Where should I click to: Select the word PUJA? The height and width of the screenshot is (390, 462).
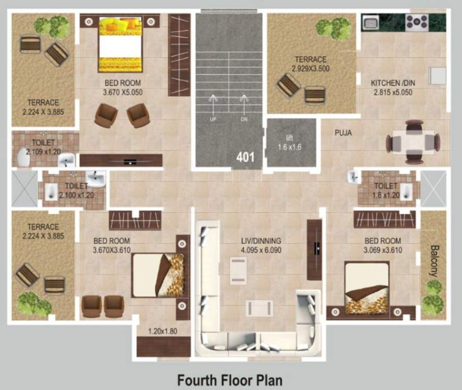point(343,133)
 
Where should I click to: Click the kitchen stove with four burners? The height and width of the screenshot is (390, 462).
point(416,22)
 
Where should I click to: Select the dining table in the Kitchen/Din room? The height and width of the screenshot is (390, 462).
point(413,142)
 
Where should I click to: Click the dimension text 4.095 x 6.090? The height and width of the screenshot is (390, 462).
point(260,250)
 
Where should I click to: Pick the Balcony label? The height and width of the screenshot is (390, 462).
point(434,261)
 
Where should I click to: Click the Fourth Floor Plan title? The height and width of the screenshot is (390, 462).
point(229,379)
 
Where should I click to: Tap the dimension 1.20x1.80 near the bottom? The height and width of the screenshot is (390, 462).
point(162,331)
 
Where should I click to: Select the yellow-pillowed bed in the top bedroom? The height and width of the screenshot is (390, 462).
point(120,44)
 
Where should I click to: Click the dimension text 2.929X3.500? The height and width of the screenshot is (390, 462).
point(311,68)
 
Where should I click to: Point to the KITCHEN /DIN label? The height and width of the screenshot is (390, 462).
point(391,83)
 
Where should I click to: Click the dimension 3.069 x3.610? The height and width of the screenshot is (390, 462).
point(382,250)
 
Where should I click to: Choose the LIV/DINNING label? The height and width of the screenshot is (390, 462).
point(260,241)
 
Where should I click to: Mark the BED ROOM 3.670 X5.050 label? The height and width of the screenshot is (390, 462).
point(122,87)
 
